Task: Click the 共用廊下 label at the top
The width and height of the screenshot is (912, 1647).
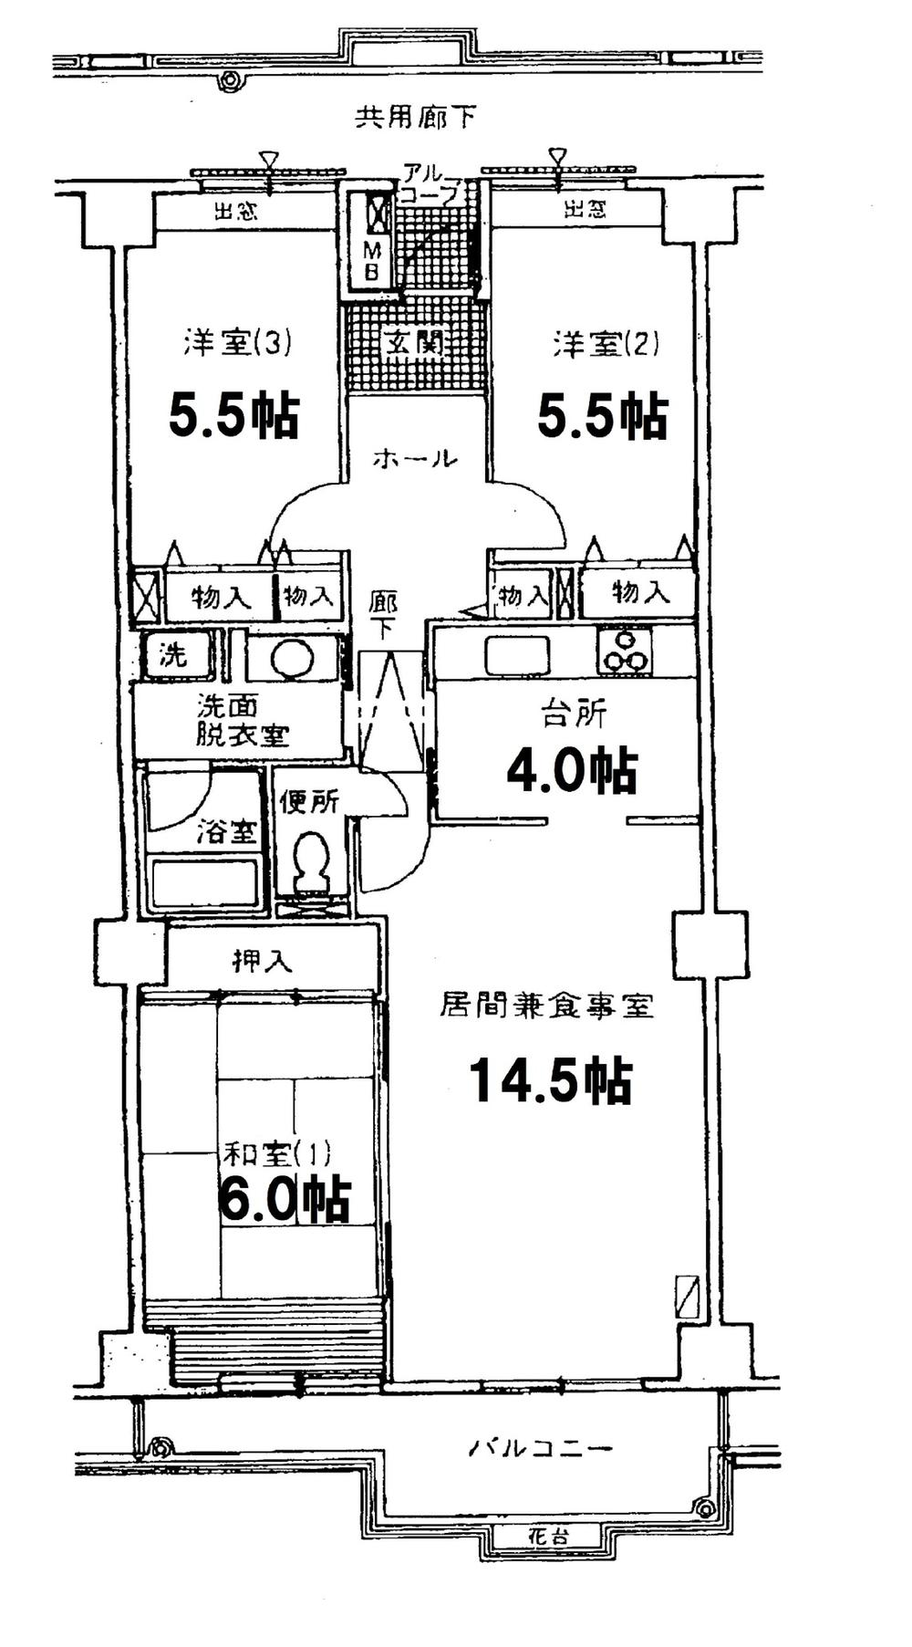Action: click(415, 118)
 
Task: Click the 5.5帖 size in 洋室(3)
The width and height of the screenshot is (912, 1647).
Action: click(233, 416)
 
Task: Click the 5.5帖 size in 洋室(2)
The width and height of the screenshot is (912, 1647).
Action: click(602, 416)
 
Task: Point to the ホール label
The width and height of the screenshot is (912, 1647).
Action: click(415, 459)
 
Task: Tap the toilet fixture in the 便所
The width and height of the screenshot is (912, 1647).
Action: click(311, 860)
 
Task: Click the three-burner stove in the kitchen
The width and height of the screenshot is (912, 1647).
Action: click(625, 652)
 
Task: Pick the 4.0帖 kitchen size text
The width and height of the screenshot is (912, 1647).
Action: click(571, 772)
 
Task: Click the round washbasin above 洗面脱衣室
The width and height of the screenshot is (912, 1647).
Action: click(293, 658)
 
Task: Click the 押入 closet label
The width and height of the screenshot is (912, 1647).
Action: click(262, 961)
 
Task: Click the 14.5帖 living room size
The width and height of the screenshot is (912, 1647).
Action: click(550, 1082)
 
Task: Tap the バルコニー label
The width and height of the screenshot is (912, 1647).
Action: click(541, 1447)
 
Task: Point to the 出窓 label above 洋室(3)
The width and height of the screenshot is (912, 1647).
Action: click(235, 212)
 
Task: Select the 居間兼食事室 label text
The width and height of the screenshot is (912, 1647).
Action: click(546, 1006)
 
